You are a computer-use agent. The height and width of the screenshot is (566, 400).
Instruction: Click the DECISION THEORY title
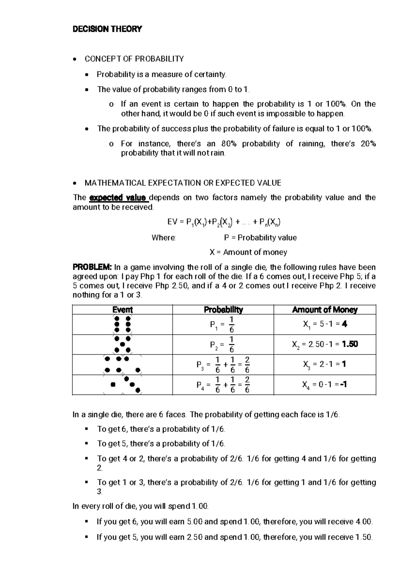click(107, 29)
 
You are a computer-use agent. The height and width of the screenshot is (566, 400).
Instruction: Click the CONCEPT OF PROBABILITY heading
click(134, 59)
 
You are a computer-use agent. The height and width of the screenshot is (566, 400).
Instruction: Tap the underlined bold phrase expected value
click(118, 198)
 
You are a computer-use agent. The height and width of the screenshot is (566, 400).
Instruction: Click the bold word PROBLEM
click(92, 267)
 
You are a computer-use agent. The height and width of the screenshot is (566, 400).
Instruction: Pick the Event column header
click(123, 310)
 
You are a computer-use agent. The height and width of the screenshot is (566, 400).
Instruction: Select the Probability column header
click(223, 310)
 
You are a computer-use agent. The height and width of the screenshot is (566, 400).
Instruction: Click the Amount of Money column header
click(325, 310)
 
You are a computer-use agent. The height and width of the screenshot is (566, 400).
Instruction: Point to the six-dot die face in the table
click(122, 324)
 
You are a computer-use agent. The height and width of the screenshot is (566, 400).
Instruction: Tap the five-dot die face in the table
click(122, 345)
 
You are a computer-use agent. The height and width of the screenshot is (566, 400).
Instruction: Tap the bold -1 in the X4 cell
click(344, 385)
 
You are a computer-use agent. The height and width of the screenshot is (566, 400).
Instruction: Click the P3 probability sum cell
click(223, 365)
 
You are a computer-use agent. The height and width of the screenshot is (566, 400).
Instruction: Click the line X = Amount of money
click(248, 252)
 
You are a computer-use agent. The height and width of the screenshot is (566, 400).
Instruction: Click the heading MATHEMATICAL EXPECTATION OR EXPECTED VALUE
click(183, 183)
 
